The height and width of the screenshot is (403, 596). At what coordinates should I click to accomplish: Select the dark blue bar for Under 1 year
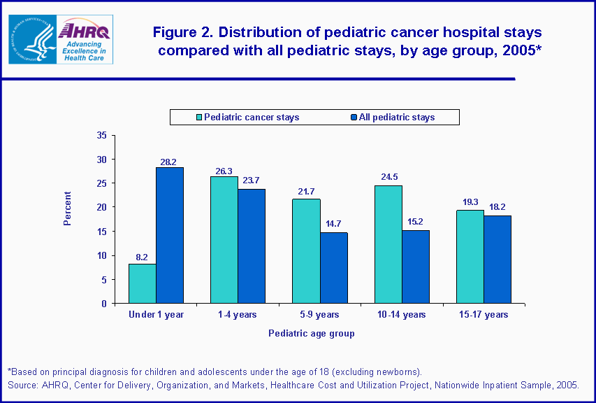[x=170, y=235]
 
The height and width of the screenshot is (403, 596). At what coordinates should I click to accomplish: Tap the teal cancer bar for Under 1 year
[x=142, y=283]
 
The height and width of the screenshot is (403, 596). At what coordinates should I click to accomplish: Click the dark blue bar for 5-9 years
[x=333, y=268]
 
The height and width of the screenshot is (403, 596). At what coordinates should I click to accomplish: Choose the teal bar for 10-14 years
[x=388, y=244]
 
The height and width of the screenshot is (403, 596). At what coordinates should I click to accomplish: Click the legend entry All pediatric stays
[x=396, y=117]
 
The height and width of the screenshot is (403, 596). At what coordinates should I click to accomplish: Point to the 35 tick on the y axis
[x=102, y=135]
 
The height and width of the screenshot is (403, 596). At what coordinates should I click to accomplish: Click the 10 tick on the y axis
[x=102, y=255]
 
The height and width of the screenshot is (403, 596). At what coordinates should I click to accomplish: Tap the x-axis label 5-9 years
[x=320, y=315]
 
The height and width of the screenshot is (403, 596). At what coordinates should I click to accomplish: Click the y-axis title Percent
[x=68, y=208]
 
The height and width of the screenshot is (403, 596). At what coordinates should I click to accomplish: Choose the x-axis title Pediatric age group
[x=312, y=334]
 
